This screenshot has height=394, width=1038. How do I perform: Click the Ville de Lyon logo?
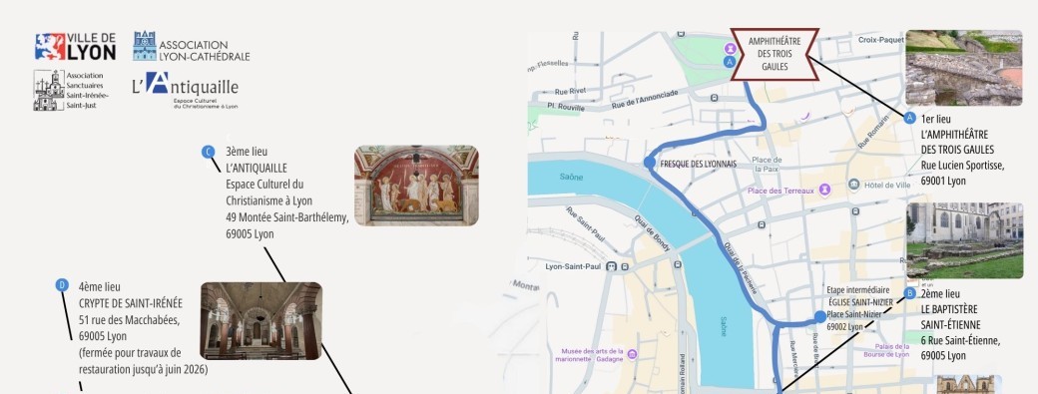click(x=76, y=46)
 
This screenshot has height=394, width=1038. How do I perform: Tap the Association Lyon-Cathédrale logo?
click(x=191, y=47)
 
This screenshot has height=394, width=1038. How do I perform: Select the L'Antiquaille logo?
click(x=186, y=89)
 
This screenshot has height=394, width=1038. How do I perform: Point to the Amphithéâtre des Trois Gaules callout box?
click(x=775, y=53)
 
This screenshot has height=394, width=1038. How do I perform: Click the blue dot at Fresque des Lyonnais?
click(x=650, y=163)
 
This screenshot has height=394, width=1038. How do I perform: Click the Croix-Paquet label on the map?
click(x=880, y=40)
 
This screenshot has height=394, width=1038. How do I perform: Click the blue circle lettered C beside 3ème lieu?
click(x=209, y=152)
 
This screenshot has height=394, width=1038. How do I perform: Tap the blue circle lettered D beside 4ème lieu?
click(x=62, y=284)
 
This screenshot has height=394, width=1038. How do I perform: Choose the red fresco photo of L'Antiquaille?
click(x=416, y=186)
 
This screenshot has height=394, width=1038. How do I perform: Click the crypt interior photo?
click(x=261, y=320)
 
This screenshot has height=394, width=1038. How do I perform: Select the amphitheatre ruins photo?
click(x=963, y=67)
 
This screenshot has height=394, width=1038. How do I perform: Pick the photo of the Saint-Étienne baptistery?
click(x=963, y=239)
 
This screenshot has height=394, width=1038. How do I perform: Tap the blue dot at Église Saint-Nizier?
click(x=820, y=317)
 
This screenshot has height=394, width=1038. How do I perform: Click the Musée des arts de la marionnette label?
click(x=593, y=356)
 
